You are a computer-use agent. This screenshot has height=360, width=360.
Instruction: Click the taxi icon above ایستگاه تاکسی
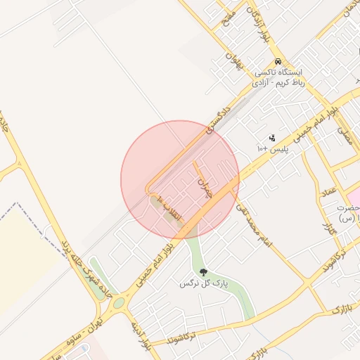coord(279,62)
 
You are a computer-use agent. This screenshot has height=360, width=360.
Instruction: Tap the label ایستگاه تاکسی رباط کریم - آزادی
coord(279,77)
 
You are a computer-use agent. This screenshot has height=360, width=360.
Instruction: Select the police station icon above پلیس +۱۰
coord(272,138)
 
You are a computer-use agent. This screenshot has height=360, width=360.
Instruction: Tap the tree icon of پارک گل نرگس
coord(203,271)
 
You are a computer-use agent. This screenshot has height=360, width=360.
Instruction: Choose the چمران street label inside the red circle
coord(205,188)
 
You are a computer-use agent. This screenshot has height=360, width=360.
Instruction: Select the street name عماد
coord(328,191)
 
